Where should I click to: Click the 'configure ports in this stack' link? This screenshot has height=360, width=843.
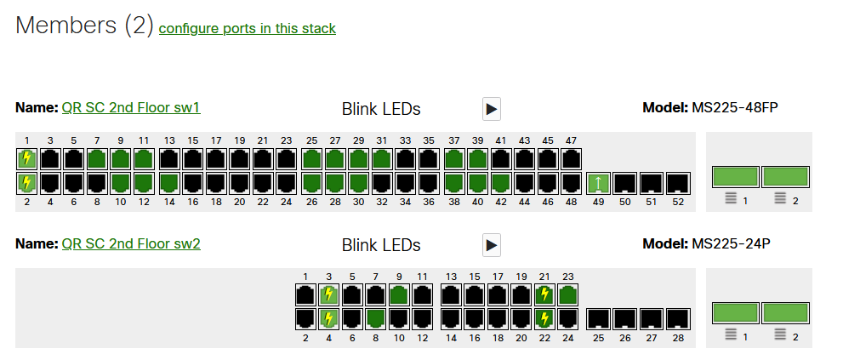247,29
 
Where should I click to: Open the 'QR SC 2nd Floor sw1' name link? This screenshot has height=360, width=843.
130,108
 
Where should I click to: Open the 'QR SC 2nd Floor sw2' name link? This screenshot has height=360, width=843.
130,244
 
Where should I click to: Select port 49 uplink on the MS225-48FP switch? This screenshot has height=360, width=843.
599,182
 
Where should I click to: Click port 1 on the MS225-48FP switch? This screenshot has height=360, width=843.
27,158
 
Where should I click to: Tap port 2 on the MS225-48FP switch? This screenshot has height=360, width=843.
27,182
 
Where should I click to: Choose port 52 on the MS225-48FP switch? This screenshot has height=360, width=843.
677,182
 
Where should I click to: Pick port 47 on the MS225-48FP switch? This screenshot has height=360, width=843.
570,158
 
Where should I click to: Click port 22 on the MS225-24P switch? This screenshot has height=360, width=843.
544,318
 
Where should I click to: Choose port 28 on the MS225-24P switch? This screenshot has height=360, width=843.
677,319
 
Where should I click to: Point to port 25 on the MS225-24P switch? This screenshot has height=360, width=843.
599,319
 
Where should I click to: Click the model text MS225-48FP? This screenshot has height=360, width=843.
735,108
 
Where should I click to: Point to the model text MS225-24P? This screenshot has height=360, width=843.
732,244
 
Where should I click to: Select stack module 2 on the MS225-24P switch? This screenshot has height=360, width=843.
784,313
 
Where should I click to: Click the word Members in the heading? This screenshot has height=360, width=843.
65,26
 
